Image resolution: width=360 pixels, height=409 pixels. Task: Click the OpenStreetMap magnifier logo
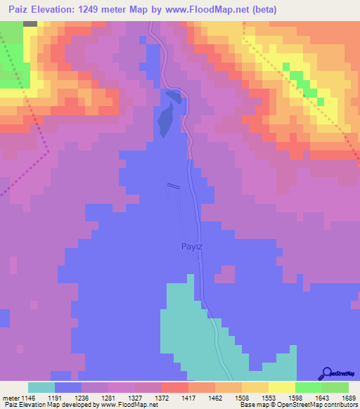click(x=327, y=373)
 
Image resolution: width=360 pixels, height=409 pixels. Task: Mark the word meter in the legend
click(x=10, y=397)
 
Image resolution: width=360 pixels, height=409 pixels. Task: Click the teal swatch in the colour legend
click(x=41, y=387)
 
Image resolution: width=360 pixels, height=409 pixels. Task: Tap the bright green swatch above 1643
click(x=309, y=387)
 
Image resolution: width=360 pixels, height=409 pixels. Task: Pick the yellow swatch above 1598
click(x=282, y=387)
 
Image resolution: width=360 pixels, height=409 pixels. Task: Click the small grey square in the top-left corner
click(x=30, y=23)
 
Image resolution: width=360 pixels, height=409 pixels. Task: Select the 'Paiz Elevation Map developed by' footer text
click(x=49, y=405)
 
